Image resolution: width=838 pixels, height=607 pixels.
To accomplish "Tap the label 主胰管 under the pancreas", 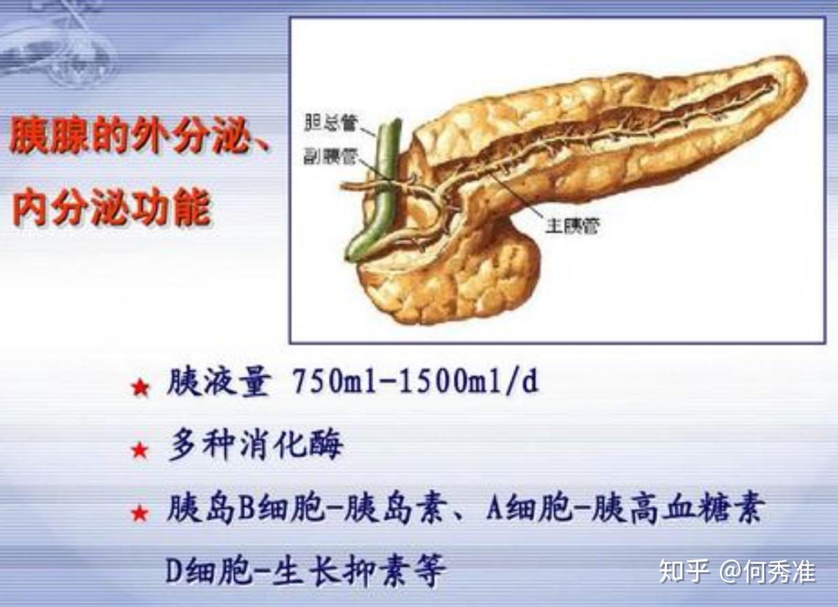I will point(572,225).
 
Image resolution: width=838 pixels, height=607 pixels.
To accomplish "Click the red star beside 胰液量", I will point(140,387).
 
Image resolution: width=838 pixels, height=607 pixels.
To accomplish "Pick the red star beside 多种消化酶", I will point(140,450).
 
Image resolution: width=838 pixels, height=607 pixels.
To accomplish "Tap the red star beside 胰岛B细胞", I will point(140,514).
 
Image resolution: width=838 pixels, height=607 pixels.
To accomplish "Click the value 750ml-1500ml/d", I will point(415,382).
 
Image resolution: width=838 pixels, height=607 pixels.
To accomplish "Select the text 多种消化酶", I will point(255,445).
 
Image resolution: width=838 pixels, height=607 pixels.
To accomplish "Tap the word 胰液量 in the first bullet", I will point(218,382).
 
